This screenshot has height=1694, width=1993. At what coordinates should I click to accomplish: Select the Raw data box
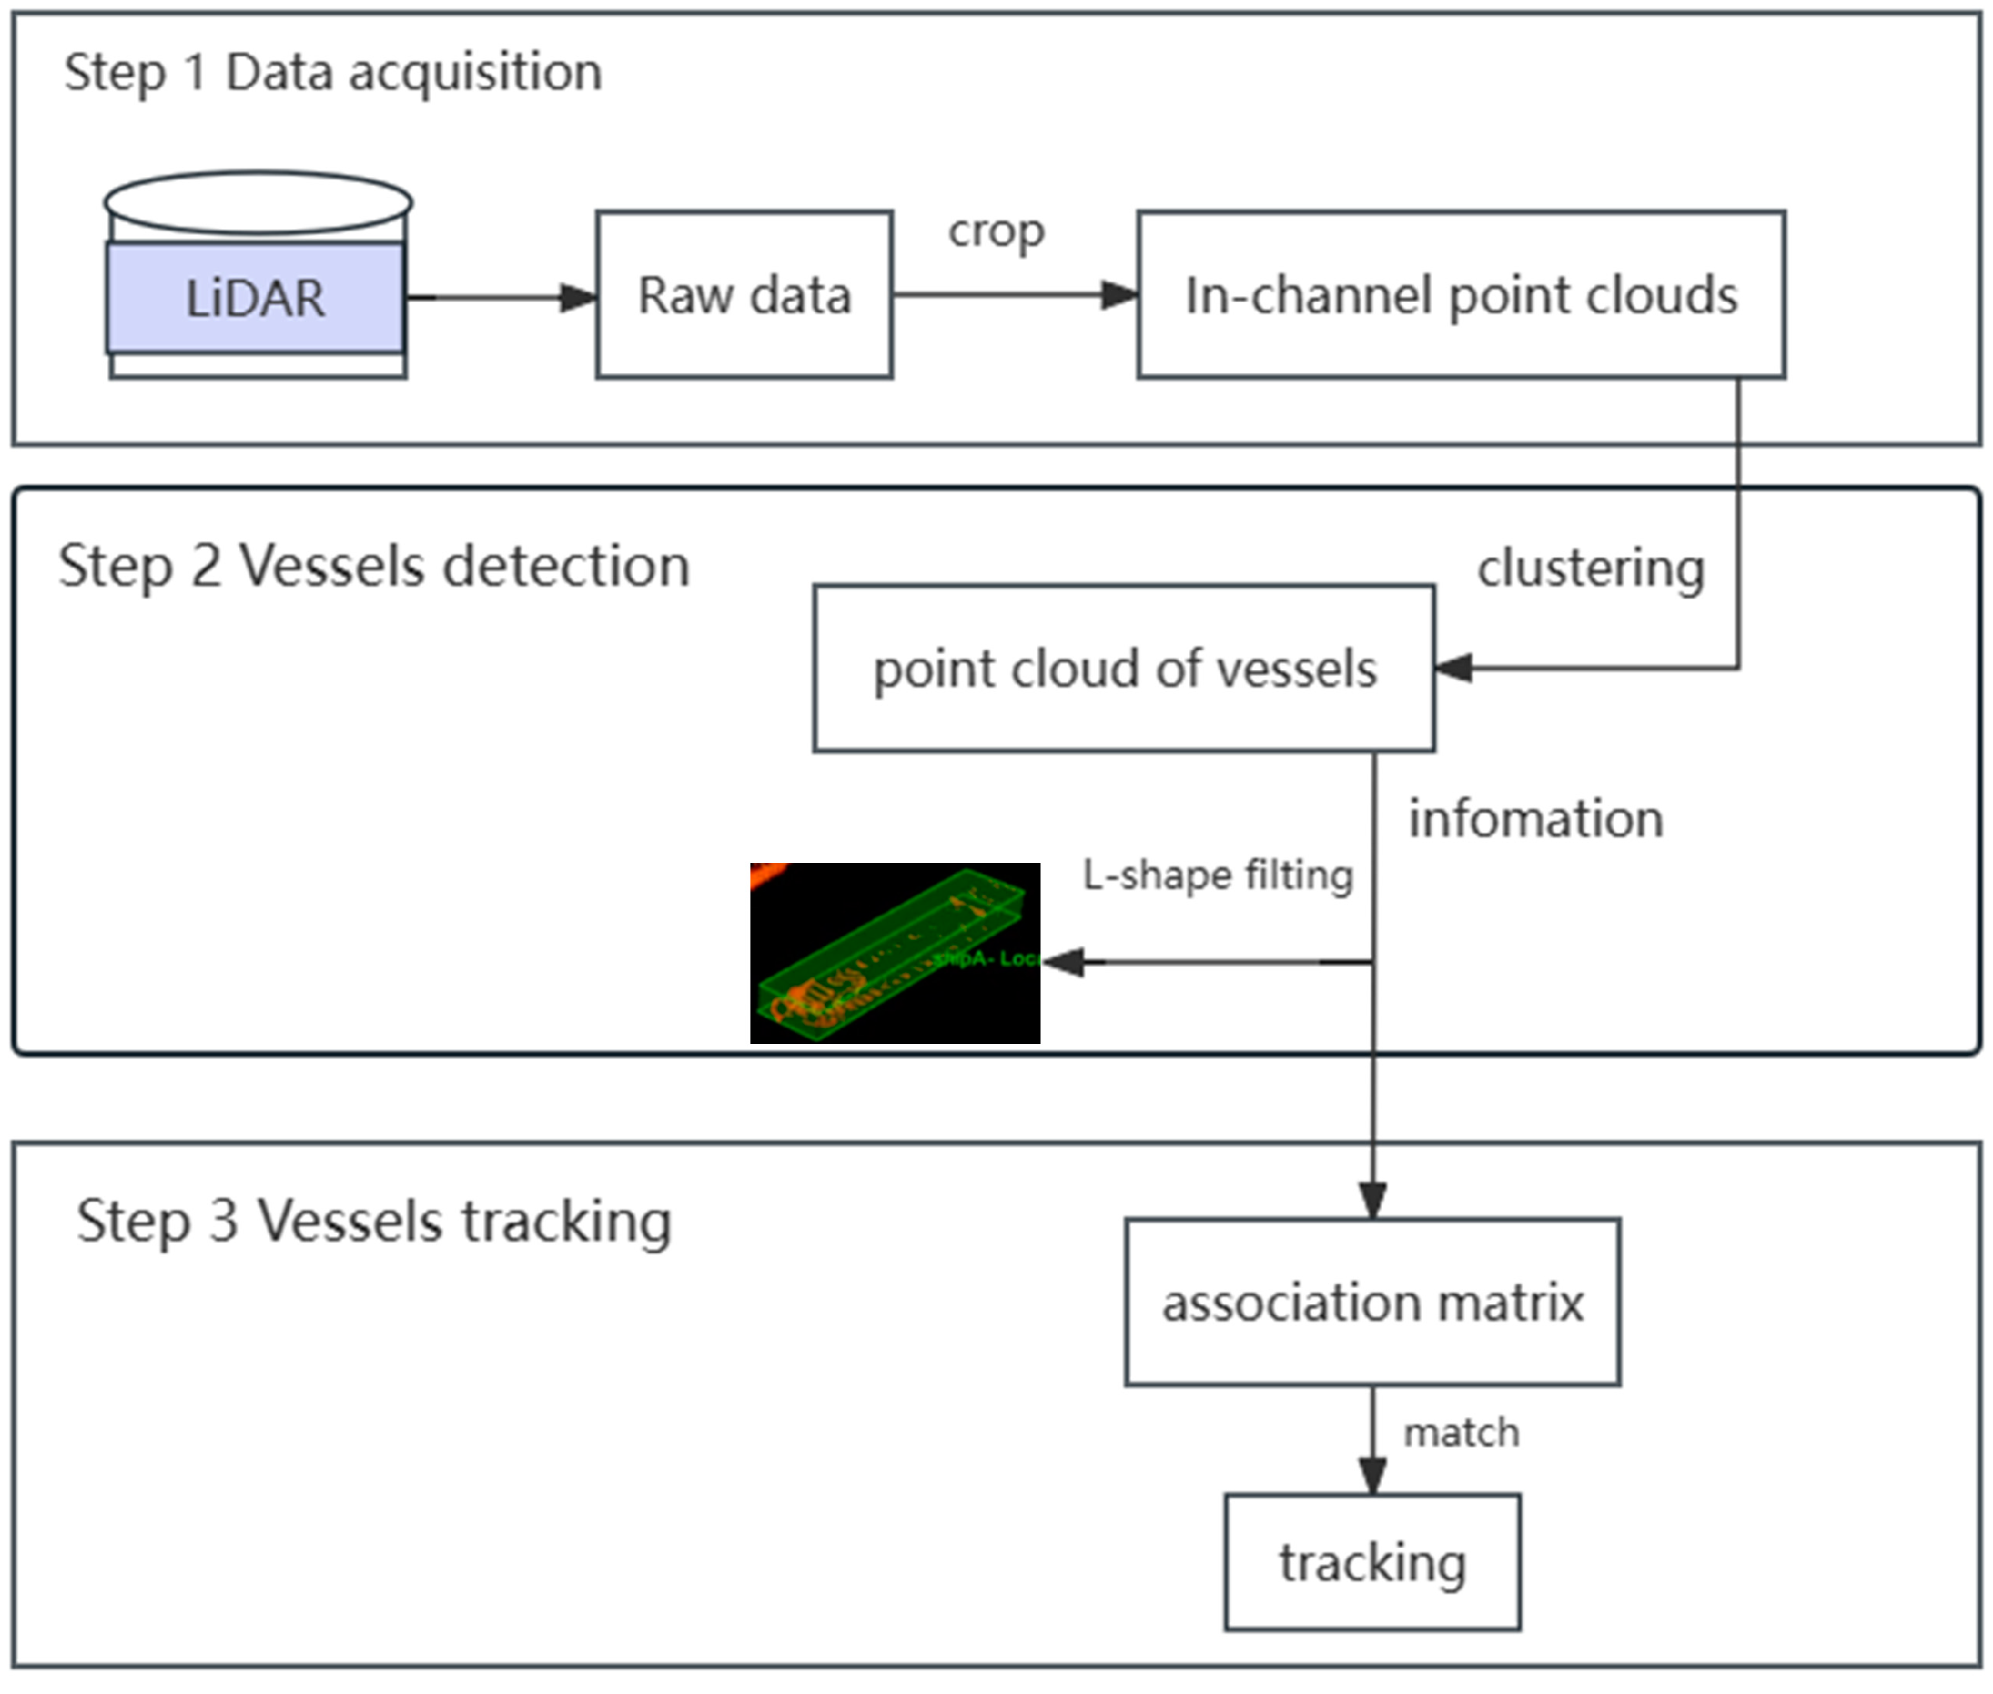click(x=744, y=295)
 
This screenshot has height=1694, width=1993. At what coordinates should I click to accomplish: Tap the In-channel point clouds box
click(x=1461, y=295)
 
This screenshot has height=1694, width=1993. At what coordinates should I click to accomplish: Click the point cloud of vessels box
click(x=1124, y=668)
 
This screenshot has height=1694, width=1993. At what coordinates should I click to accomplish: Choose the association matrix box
click(x=1372, y=1303)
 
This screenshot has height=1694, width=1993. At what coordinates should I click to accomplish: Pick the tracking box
click(x=1372, y=1562)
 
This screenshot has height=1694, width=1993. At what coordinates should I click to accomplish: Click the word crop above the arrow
click(x=995, y=231)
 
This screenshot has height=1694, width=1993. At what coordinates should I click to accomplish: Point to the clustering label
click(x=1590, y=568)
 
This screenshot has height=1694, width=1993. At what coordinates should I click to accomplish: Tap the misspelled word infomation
click(x=1535, y=819)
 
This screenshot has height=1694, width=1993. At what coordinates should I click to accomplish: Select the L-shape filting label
click(x=1217, y=875)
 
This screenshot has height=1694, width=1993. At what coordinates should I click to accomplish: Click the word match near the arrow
click(x=1461, y=1433)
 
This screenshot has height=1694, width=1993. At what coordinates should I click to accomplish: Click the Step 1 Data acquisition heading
click(x=332, y=73)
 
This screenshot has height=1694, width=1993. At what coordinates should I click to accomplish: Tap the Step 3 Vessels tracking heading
click(x=373, y=1222)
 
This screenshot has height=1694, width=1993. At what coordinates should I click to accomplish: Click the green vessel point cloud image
click(x=894, y=953)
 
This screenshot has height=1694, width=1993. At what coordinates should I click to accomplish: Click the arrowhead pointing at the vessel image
click(x=1064, y=961)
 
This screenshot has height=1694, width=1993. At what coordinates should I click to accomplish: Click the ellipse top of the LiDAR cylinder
click(x=257, y=203)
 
